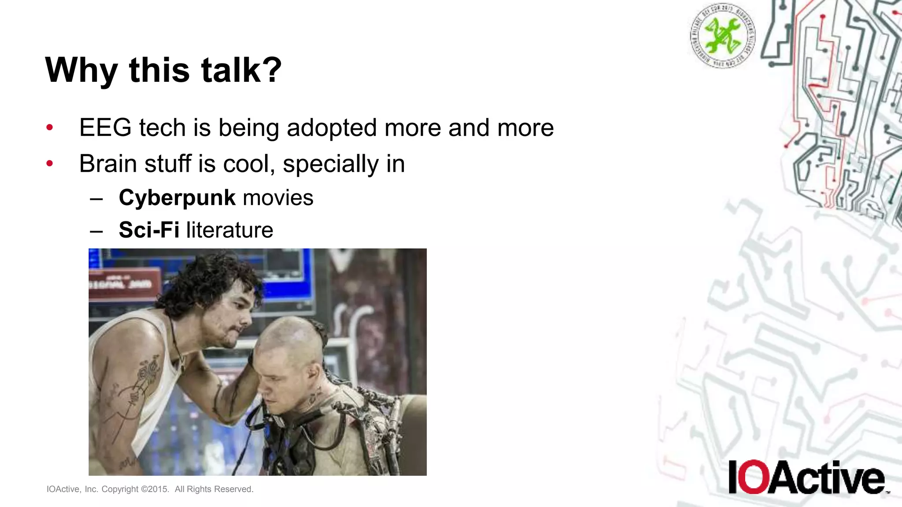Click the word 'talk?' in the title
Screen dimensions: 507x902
[241, 70]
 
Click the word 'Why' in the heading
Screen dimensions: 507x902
[81, 70]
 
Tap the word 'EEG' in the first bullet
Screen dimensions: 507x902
[105, 128]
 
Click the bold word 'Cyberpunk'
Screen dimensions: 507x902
[177, 198]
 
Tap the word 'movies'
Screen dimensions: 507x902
[278, 198]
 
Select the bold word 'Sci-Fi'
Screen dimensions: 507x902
[149, 230]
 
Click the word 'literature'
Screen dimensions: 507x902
[229, 230]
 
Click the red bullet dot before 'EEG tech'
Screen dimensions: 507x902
[50, 128]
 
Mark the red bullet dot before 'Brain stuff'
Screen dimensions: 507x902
[50, 164]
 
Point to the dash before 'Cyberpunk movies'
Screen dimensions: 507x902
[96, 198]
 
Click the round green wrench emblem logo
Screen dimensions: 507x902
[722, 35]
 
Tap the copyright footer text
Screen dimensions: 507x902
[150, 489]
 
